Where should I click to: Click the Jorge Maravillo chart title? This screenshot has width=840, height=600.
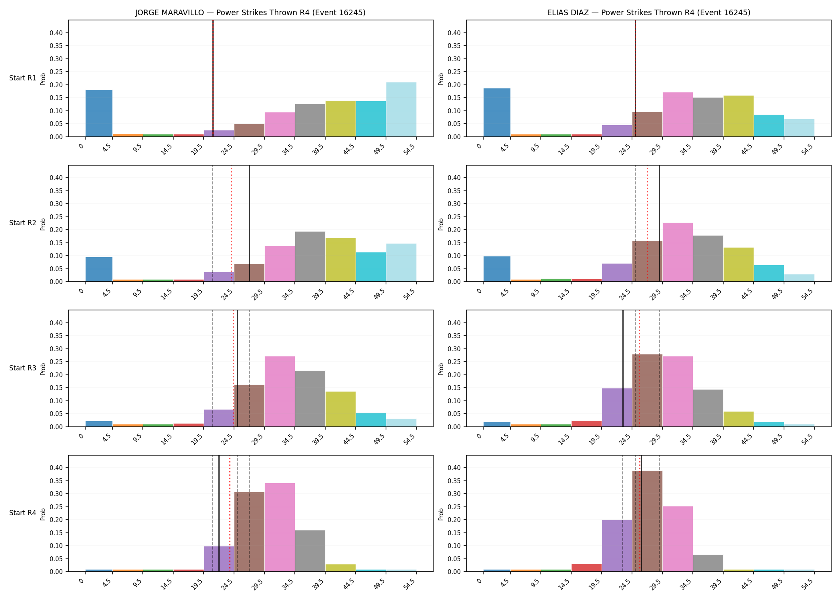tap(250, 13)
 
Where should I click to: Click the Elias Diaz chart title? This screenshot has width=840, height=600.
tap(649, 13)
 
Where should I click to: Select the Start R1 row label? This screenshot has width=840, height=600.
tap(23, 78)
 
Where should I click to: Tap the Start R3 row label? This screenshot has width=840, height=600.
tap(23, 368)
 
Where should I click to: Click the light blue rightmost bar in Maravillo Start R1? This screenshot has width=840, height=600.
tap(401, 110)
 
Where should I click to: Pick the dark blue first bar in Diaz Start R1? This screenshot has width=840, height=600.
tap(497, 112)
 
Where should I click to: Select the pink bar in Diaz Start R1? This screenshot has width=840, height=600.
tap(678, 114)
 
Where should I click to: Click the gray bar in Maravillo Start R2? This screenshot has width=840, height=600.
tap(310, 256)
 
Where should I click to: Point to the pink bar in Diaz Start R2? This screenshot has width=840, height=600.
tap(678, 252)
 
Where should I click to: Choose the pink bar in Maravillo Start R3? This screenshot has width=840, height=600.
tap(280, 392)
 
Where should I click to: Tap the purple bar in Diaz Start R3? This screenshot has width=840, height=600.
tap(617, 408)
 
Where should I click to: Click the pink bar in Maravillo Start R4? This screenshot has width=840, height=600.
tap(280, 527)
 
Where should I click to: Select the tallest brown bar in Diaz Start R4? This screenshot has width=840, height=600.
tap(647, 521)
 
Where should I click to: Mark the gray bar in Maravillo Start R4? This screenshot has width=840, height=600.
tap(310, 551)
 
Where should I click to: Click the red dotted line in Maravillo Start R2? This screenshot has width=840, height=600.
tap(231, 224)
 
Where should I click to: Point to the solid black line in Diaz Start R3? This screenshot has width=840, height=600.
tap(623, 368)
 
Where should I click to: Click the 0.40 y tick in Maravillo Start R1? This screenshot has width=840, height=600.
tap(56, 33)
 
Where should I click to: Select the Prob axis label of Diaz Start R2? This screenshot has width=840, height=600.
tap(441, 224)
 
